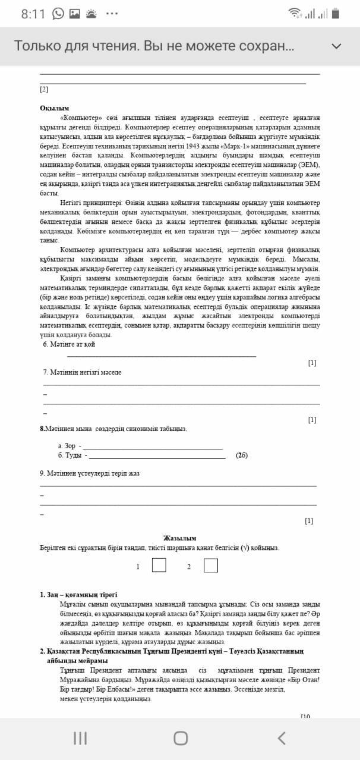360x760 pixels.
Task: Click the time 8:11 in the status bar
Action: pyautogui.click(x=33, y=14)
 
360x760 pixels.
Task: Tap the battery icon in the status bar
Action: pyautogui.click(x=336, y=14)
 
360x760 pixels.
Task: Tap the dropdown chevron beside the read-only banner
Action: pyautogui.click(x=336, y=46)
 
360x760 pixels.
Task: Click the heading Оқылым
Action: pyautogui.click(x=54, y=108)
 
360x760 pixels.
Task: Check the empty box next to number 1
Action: pyautogui.click(x=159, y=565)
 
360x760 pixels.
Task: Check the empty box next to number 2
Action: pyautogui.click(x=210, y=565)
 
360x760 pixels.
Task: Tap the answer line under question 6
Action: pyautogui.click(x=162, y=356)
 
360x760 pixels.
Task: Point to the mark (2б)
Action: pyautogui.click(x=241, y=455)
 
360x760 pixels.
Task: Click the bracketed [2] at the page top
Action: pyautogui.click(x=44, y=90)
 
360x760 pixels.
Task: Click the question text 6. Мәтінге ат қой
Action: pyautogui.click(x=69, y=344)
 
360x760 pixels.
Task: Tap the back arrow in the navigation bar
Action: pyautogui.click(x=282, y=738)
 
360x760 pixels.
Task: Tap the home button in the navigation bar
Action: pyautogui.click(x=181, y=738)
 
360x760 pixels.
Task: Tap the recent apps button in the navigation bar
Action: pyautogui.click(x=80, y=738)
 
